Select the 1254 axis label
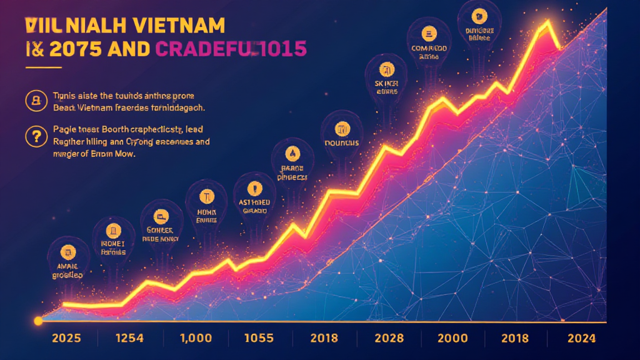(130, 338)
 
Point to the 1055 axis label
(259, 338)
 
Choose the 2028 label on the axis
(388, 338)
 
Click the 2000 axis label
(452, 338)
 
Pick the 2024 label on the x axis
(581, 338)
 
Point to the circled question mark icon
(34, 135)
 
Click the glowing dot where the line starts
(38, 321)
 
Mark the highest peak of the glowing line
(547, 23)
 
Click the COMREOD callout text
(429, 47)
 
